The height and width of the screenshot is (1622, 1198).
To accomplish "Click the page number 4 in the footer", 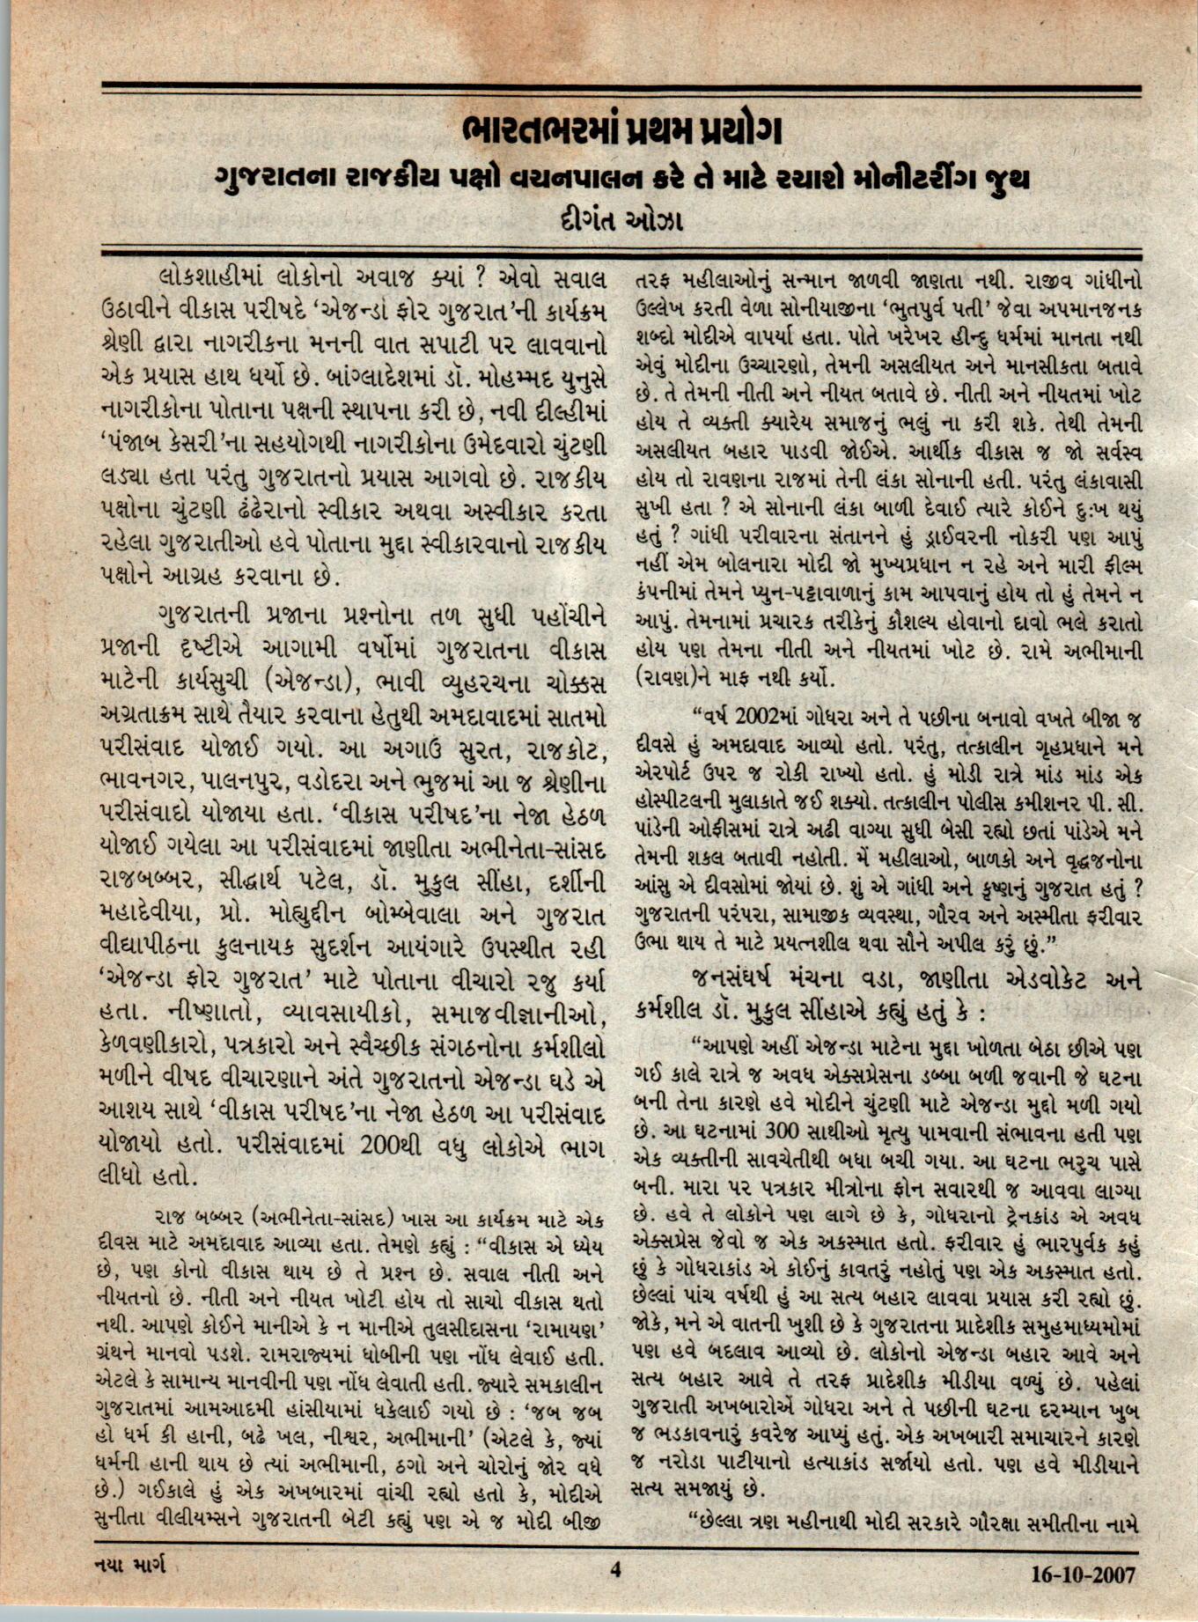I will (x=615, y=1569).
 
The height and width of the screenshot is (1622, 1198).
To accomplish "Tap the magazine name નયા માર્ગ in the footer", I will (x=130, y=1565).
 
